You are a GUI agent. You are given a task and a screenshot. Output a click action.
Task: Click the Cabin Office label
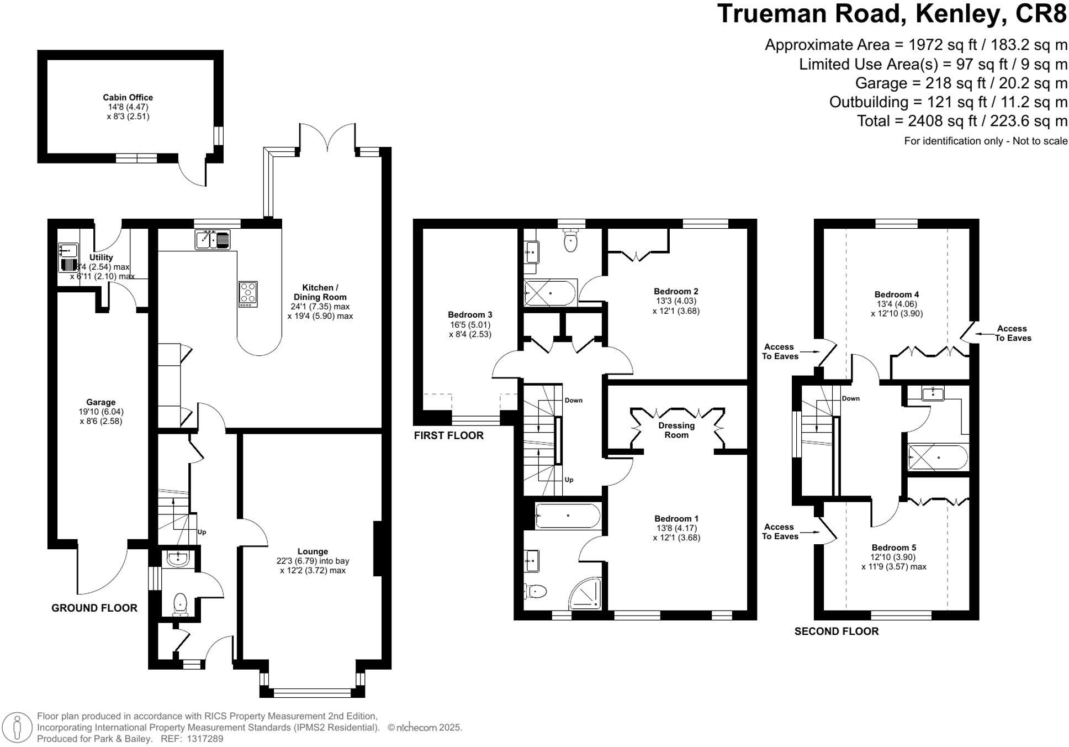click(128, 98)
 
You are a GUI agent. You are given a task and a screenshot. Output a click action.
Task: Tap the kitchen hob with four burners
click(248, 294)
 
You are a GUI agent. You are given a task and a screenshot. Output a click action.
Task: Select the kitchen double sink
click(213, 240)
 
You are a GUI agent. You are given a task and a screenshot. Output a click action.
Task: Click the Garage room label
click(100, 402)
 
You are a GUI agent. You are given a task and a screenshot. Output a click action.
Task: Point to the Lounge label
click(313, 551)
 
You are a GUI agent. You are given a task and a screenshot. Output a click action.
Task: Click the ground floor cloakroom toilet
click(181, 604)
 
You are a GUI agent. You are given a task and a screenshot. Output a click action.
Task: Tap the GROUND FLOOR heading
click(94, 608)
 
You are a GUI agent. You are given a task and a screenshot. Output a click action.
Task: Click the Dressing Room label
click(676, 430)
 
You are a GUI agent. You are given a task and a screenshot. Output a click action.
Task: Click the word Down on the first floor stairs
click(573, 400)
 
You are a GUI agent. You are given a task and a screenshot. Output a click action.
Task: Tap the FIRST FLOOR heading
click(448, 435)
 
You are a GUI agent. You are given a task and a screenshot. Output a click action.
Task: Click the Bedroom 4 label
click(896, 294)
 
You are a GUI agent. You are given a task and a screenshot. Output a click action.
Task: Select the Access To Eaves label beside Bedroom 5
click(780, 532)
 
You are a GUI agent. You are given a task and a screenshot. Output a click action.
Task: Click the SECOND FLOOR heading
click(836, 631)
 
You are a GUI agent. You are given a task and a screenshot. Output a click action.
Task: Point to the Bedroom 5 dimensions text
click(893, 562)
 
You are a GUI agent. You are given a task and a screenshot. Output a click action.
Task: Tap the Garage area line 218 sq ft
click(961, 83)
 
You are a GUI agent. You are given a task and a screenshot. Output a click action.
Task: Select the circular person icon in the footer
click(18, 727)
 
